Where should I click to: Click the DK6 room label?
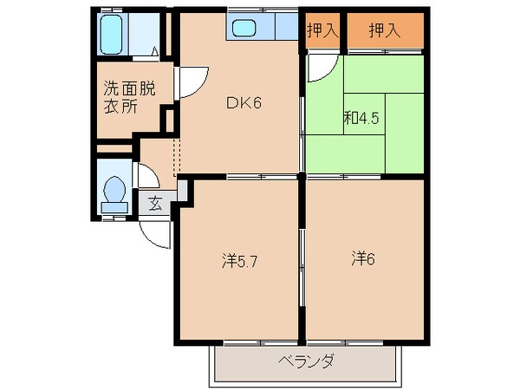point(244,102)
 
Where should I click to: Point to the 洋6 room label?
point(364,258)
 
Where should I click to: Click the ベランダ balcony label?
point(305,362)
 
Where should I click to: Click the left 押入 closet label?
point(322,31)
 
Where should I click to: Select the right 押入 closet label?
point(384,31)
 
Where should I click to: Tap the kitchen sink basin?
point(244,29)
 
